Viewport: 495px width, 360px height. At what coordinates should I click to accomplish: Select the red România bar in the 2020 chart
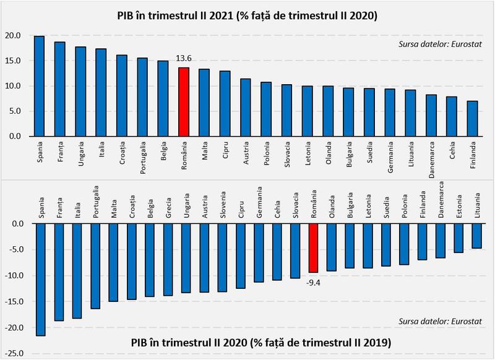click(x=314, y=248)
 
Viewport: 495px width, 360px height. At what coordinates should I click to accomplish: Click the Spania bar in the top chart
click(x=39, y=86)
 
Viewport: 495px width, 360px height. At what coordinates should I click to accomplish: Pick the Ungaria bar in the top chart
click(x=80, y=92)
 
